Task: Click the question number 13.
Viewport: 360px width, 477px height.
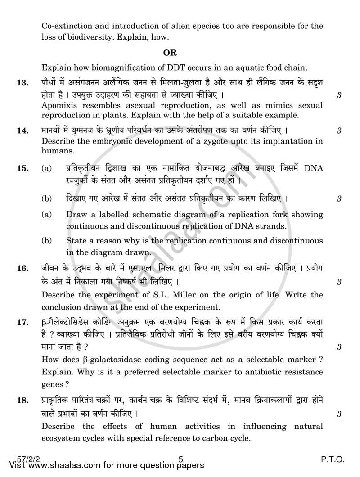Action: tap(22, 83)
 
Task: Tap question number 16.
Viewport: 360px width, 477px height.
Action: tap(22, 269)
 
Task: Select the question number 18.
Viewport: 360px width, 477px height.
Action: tap(22, 401)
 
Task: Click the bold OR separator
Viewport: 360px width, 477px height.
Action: tap(170, 53)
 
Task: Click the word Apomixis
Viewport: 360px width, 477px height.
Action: tap(60, 105)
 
